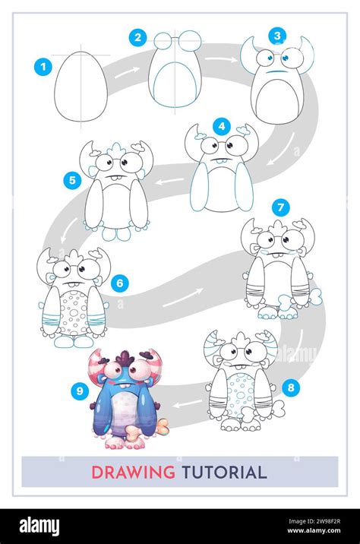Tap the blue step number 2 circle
137,37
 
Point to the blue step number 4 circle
221,126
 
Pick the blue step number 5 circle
72,180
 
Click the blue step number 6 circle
120,283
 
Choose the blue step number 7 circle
280,207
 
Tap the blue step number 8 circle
289,387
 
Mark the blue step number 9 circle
77,391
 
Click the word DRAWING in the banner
133,472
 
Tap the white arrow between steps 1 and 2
131,71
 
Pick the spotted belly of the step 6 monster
74,311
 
